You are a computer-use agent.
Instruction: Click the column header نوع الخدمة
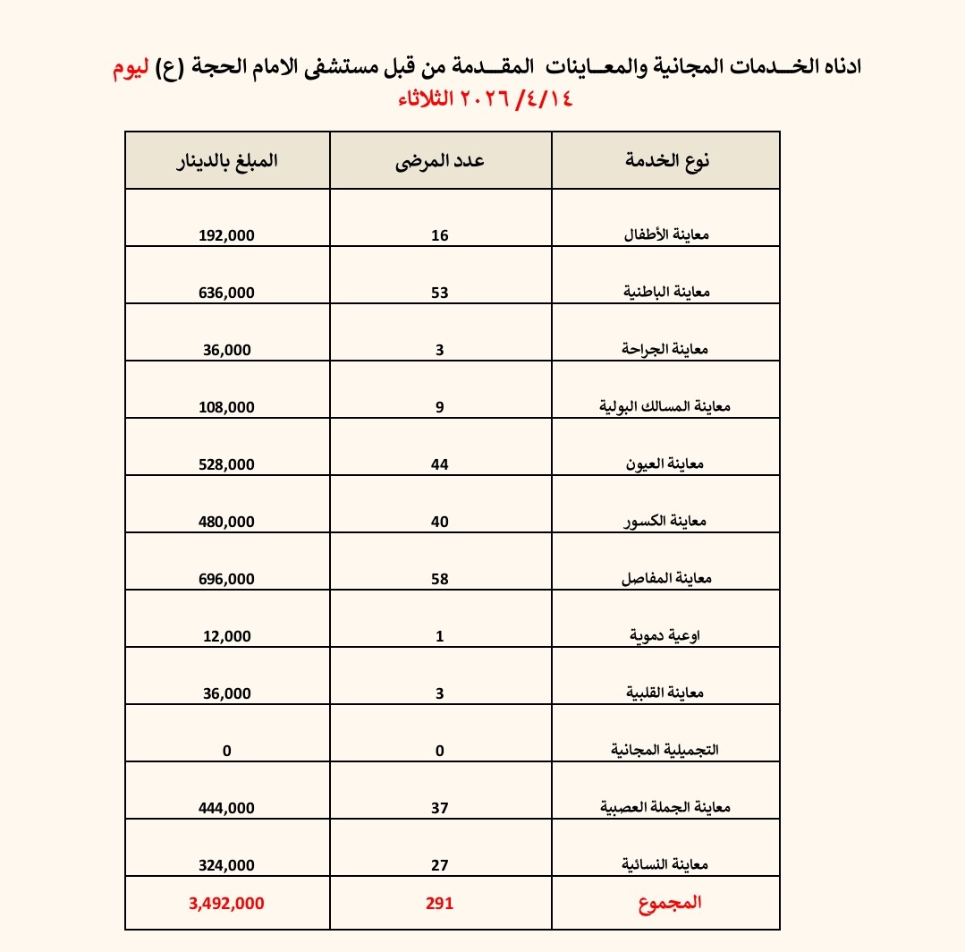(665, 161)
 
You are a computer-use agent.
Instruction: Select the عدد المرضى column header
(441, 161)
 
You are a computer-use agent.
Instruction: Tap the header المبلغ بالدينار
(226, 161)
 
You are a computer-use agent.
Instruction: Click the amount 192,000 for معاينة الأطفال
(226, 235)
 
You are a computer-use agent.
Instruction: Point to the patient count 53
(440, 293)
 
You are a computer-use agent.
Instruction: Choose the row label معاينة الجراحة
(664, 350)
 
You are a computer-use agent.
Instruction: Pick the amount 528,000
(226, 464)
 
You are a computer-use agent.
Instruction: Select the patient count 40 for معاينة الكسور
(440, 522)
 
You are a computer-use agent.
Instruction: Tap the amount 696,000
(226, 579)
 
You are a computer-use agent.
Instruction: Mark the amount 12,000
(226, 636)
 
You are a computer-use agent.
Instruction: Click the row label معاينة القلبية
(666, 693)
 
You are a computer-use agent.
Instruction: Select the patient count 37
(440, 808)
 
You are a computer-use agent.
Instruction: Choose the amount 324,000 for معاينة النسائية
(226, 865)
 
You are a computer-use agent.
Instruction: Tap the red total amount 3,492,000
(226, 904)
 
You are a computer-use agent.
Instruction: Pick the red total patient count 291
(440, 904)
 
